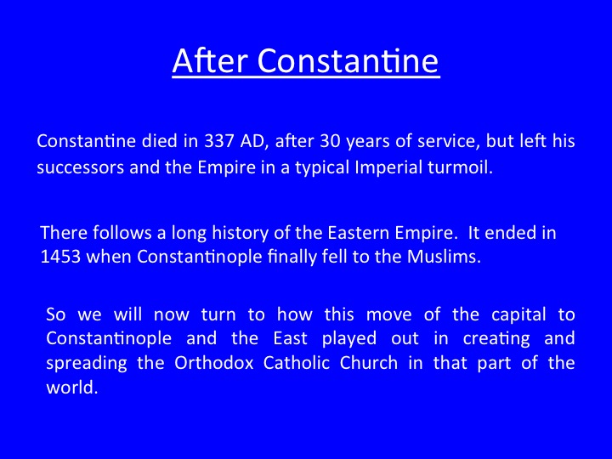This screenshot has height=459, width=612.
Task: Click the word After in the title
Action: [x=210, y=60]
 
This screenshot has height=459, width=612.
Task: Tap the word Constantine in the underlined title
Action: [x=348, y=60]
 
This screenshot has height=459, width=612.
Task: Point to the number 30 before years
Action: [x=330, y=141]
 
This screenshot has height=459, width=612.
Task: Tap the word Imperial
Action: [x=388, y=167]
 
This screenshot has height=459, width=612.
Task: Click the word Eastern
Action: [x=359, y=233]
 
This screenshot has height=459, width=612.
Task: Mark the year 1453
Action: [x=60, y=257]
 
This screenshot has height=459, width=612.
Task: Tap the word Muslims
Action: [x=445, y=257]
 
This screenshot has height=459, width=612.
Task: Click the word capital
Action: [x=518, y=315]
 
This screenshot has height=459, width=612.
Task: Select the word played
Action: [x=349, y=339]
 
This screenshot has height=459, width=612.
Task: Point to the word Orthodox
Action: [x=214, y=364]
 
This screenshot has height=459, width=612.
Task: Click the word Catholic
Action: [x=297, y=364]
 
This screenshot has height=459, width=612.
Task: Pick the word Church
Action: [x=369, y=364]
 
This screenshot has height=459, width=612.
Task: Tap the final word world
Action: [x=71, y=388]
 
